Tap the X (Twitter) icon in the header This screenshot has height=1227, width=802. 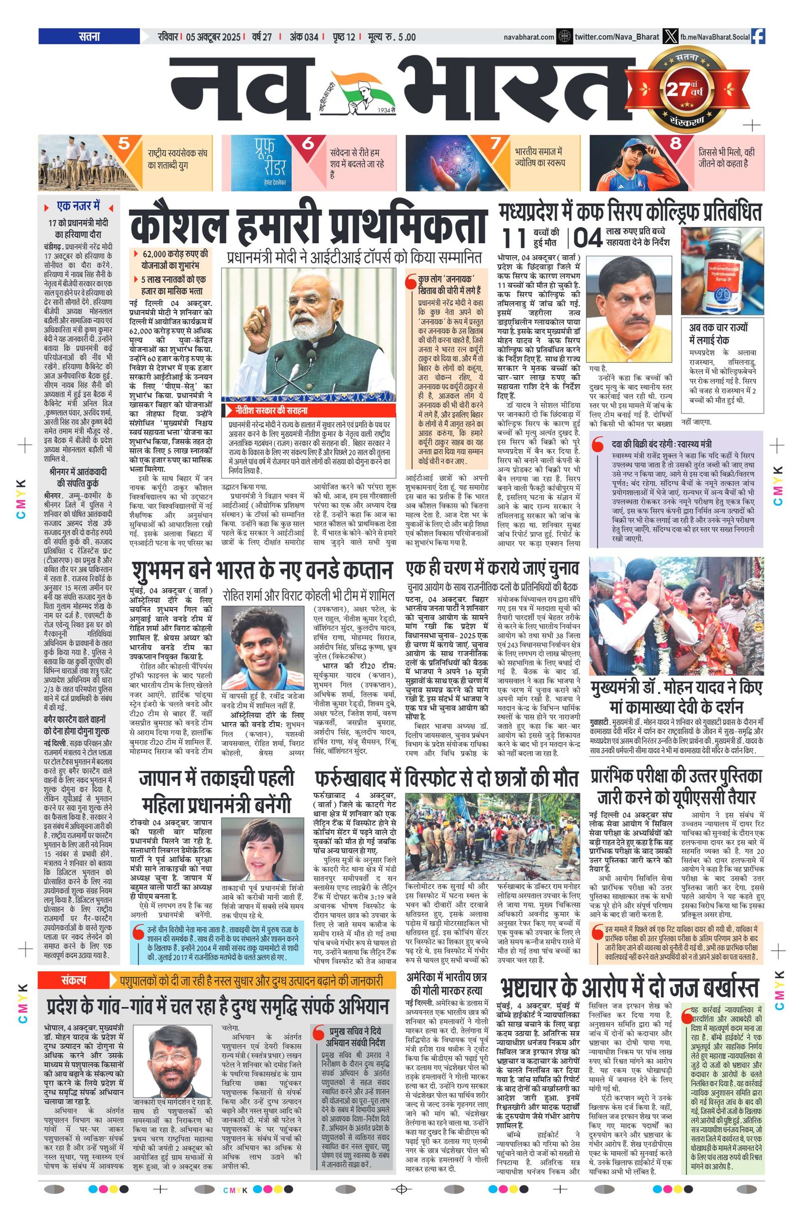click(x=670, y=37)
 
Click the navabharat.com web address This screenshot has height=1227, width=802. click(x=529, y=37)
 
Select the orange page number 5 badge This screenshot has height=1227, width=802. click(x=124, y=144)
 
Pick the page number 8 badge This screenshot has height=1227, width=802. click(x=675, y=144)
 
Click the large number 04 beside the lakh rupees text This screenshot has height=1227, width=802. click(x=587, y=239)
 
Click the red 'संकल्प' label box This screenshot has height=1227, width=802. click(x=73, y=981)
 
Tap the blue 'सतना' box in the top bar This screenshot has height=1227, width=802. click(x=89, y=37)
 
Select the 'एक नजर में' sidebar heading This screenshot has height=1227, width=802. click(x=78, y=206)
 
